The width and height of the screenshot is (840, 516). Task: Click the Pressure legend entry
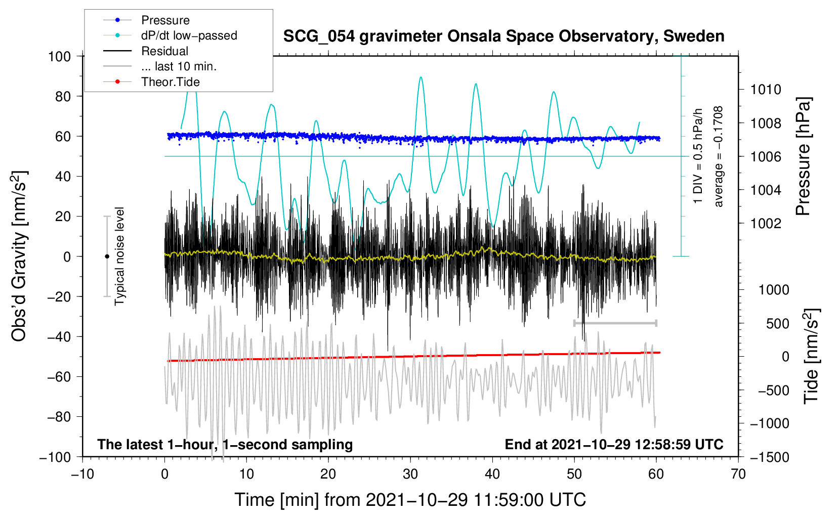tap(165, 20)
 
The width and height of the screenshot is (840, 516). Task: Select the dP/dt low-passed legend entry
tap(189, 35)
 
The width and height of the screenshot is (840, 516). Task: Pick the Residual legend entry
tap(164, 51)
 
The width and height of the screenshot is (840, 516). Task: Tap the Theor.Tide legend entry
tap(170, 82)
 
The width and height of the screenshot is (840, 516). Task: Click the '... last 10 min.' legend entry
tap(179, 66)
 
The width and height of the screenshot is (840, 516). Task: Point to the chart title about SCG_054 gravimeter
tap(503, 36)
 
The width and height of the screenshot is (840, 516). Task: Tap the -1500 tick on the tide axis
tap(769, 457)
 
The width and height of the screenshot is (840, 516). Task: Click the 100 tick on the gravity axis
tap(59, 56)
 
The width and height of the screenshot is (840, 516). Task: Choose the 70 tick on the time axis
tap(738, 474)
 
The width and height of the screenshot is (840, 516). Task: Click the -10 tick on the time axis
tap(82, 474)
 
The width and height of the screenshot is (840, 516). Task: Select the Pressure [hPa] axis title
tap(803, 156)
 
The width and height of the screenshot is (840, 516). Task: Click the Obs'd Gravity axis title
tap(19, 256)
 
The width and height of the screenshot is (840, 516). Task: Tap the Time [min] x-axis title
tap(410, 500)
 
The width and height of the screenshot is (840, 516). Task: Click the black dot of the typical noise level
tap(107, 256)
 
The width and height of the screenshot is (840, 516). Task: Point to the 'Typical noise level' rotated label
tap(119, 256)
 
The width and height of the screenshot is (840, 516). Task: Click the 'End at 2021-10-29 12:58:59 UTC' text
tap(614, 445)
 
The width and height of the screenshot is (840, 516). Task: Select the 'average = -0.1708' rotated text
tap(719, 156)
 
